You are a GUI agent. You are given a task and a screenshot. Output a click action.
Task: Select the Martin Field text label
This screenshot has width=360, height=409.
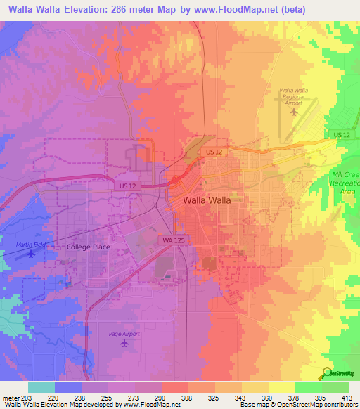pos(30,244)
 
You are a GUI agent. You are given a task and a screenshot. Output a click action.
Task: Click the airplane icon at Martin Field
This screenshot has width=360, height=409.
pos(30,254)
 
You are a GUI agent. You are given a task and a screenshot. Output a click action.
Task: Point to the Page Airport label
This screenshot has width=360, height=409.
pos(124,334)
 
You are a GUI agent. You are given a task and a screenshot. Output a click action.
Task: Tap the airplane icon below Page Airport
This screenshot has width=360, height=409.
pos(124,344)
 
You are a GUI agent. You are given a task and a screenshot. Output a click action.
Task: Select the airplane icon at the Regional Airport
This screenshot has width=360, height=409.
pos(294,110)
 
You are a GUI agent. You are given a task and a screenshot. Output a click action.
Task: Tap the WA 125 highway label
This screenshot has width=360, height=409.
pos(173,240)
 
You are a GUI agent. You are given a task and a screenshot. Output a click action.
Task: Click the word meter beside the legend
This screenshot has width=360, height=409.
pos(9,397)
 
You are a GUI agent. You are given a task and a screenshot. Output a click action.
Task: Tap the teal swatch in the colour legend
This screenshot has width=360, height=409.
pos(41,387)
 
